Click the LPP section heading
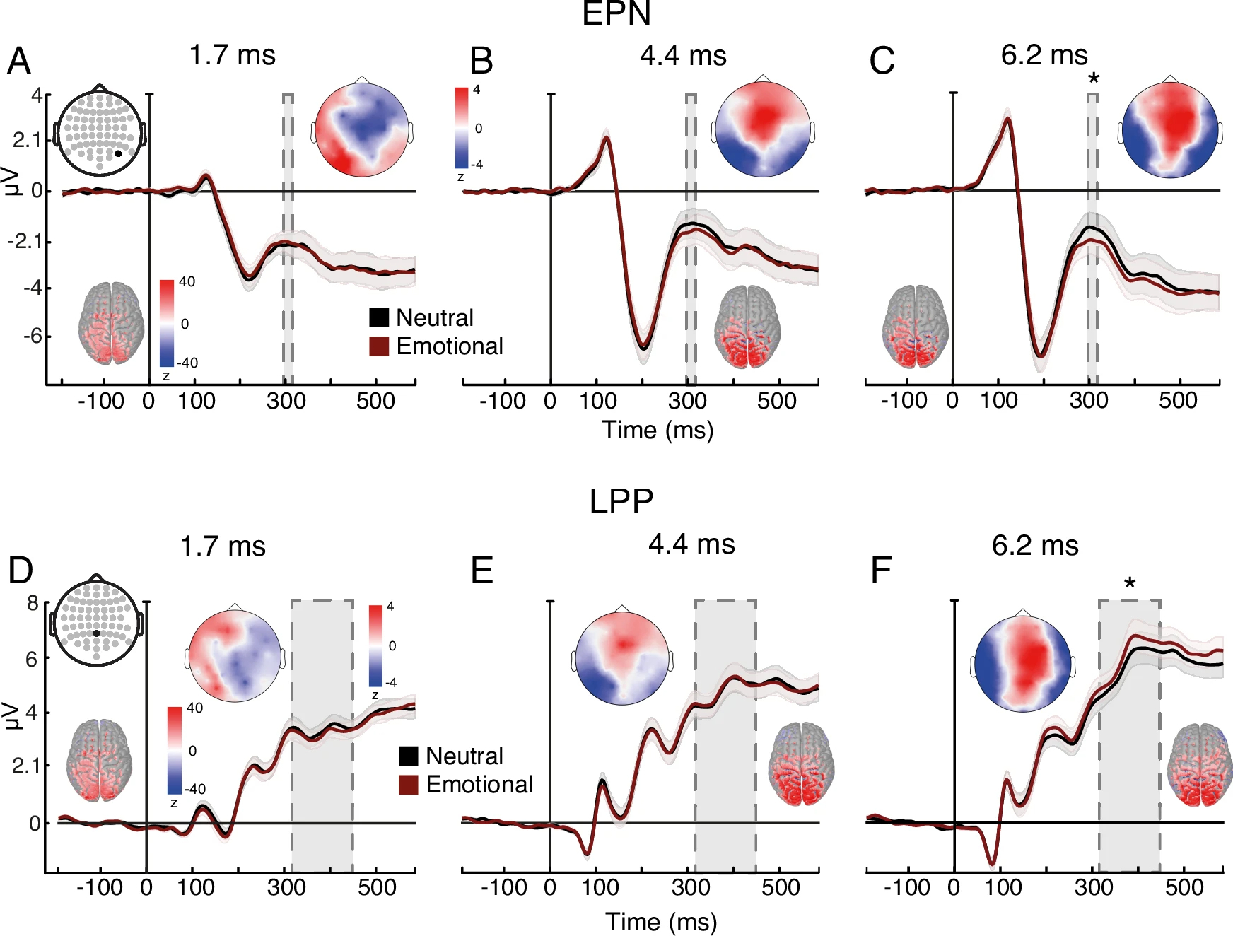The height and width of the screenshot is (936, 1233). (x=621, y=501)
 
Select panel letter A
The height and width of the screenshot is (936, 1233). (x=19, y=61)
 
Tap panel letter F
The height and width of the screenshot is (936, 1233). (x=881, y=571)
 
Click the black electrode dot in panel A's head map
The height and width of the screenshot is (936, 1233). (x=118, y=153)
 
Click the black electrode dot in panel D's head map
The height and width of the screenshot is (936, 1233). (x=97, y=633)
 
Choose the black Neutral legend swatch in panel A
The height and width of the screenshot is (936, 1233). (x=379, y=318)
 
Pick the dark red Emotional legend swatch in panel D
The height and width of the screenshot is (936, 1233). (x=409, y=785)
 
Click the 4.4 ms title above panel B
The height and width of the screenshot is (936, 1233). (x=683, y=56)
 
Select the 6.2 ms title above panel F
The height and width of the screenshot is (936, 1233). (x=1035, y=546)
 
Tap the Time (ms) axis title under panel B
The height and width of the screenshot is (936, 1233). (x=658, y=430)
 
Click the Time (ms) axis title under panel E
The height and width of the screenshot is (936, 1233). (x=661, y=922)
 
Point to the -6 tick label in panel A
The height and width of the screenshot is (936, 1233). (x=33, y=336)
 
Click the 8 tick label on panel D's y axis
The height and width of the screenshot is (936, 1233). (x=33, y=604)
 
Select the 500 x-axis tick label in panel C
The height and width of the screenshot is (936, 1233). (x=1178, y=401)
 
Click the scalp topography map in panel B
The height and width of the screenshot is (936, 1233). (x=763, y=129)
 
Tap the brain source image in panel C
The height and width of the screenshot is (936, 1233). (x=915, y=327)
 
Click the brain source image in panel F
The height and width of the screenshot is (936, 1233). (x=1199, y=765)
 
